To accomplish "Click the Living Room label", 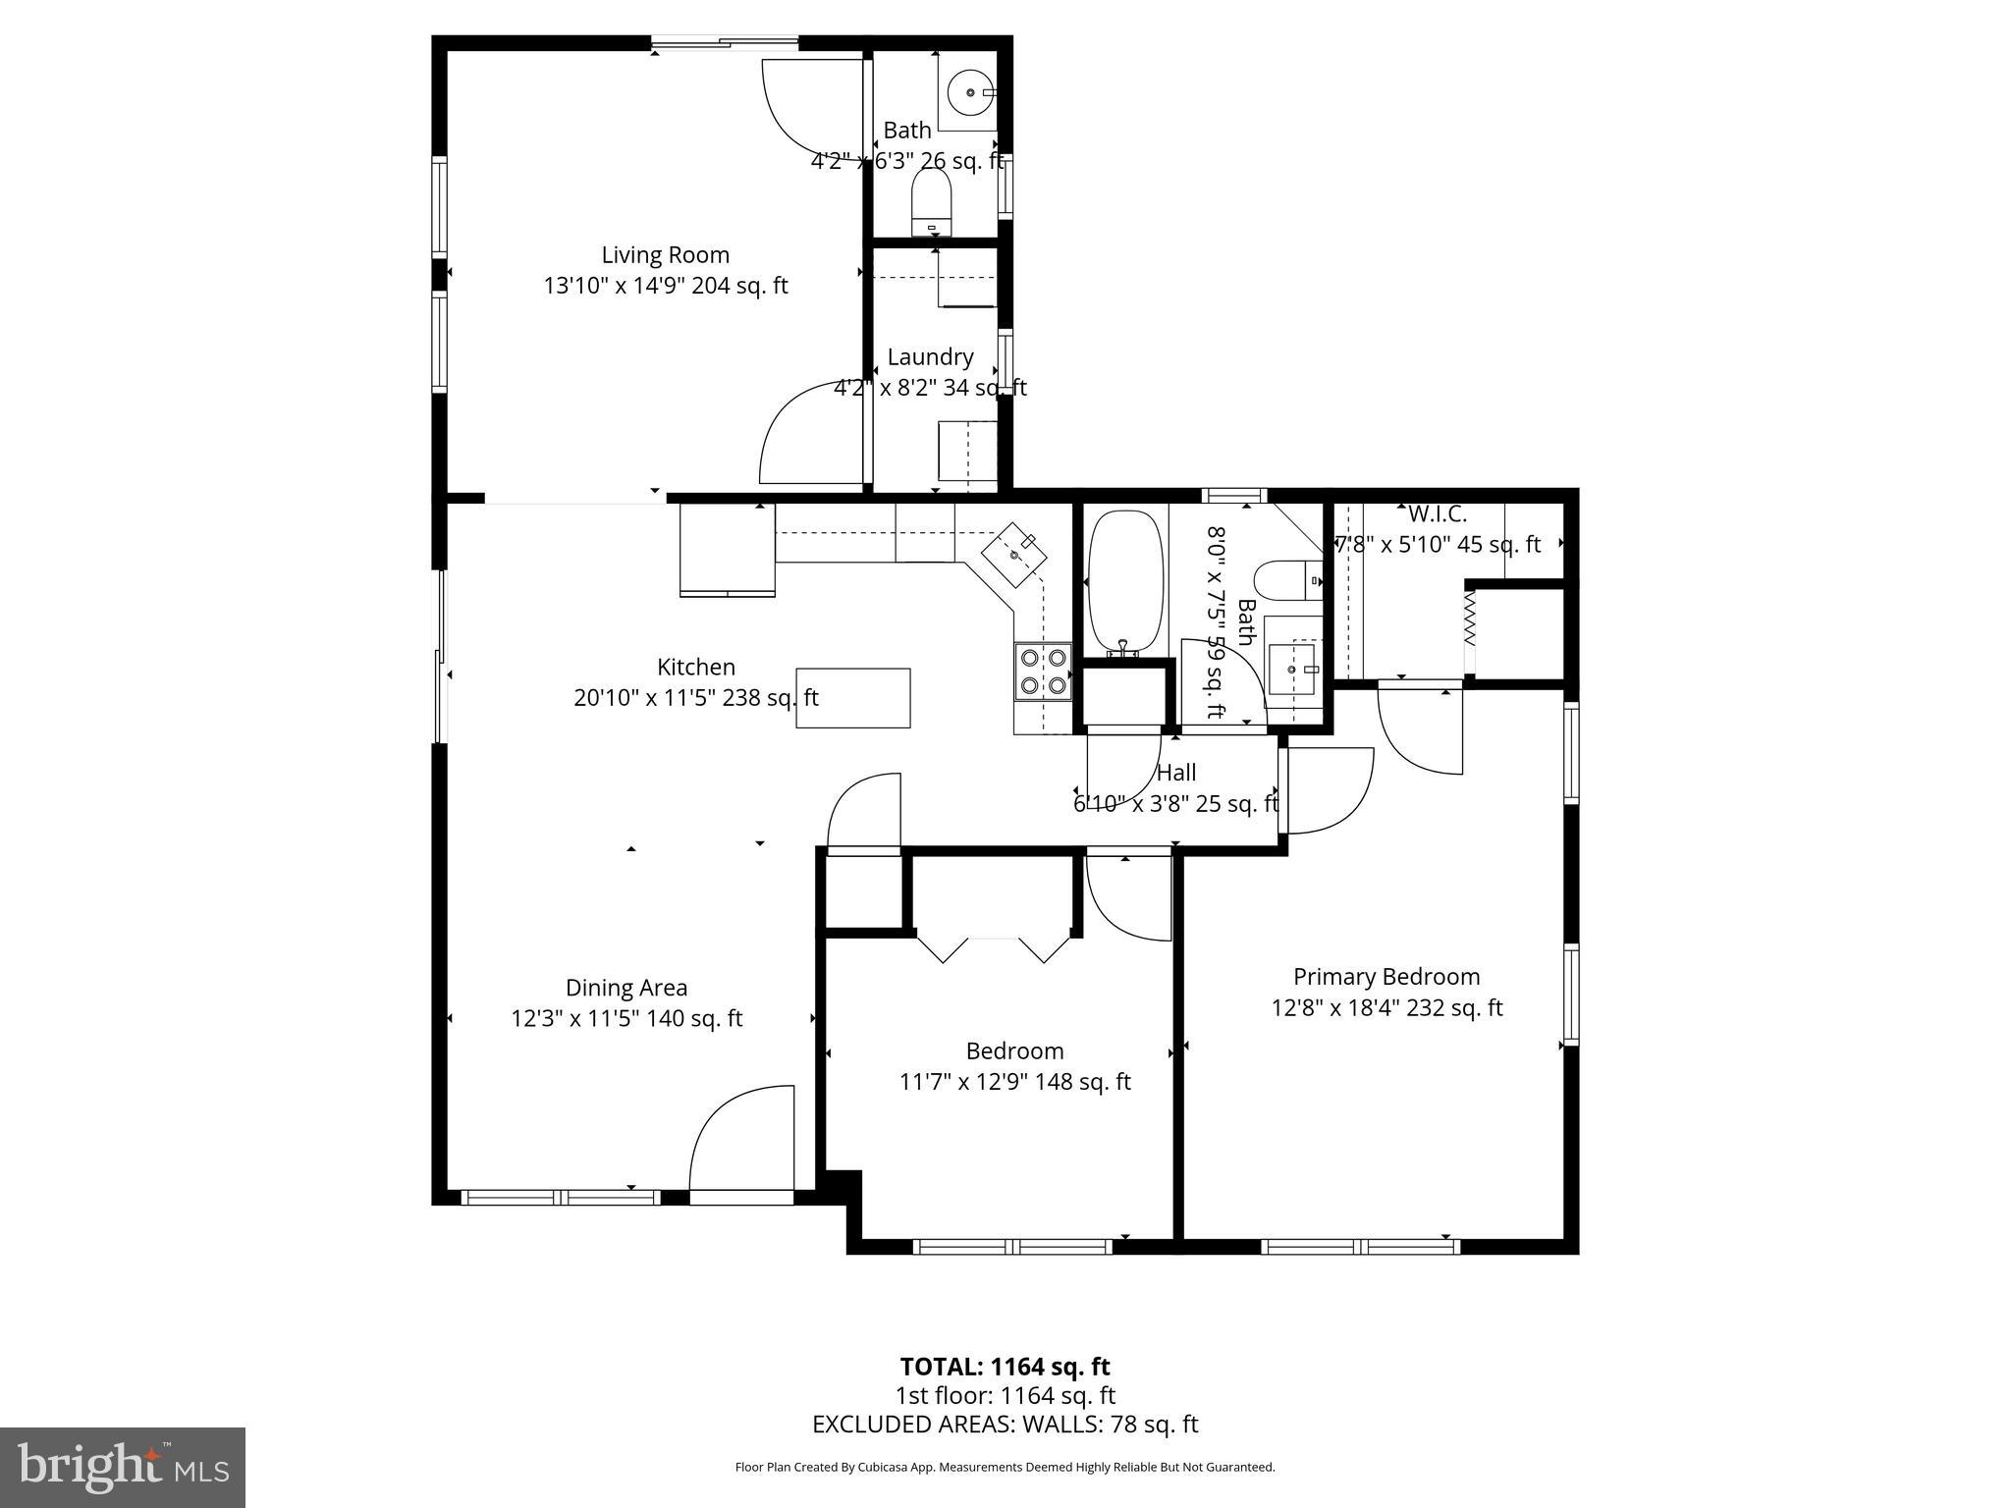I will click(x=665, y=255).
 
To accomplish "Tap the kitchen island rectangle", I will click(x=852, y=698).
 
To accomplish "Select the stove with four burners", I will click(x=1043, y=671).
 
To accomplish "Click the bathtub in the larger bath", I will click(x=1126, y=581).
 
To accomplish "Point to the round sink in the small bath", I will click(x=970, y=92).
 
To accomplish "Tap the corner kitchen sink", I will click(x=1015, y=555).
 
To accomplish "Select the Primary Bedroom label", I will click(x=1386, y=977).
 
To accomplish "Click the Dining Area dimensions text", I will click(x=626, y=1019).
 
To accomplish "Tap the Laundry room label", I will click(x=930, y=357).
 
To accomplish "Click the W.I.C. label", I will click(x=1438, y=513).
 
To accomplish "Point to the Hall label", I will click(x=1176, y=773).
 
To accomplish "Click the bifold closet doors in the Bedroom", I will click(x=993, y=947).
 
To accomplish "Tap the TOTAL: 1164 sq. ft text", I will click(x=1005, y=1367).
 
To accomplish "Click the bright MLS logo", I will click(x=122, y=1468).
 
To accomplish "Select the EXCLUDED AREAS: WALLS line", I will click(x=1005, y=1425).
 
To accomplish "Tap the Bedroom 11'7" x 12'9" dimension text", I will click(x=1014, y=1082).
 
